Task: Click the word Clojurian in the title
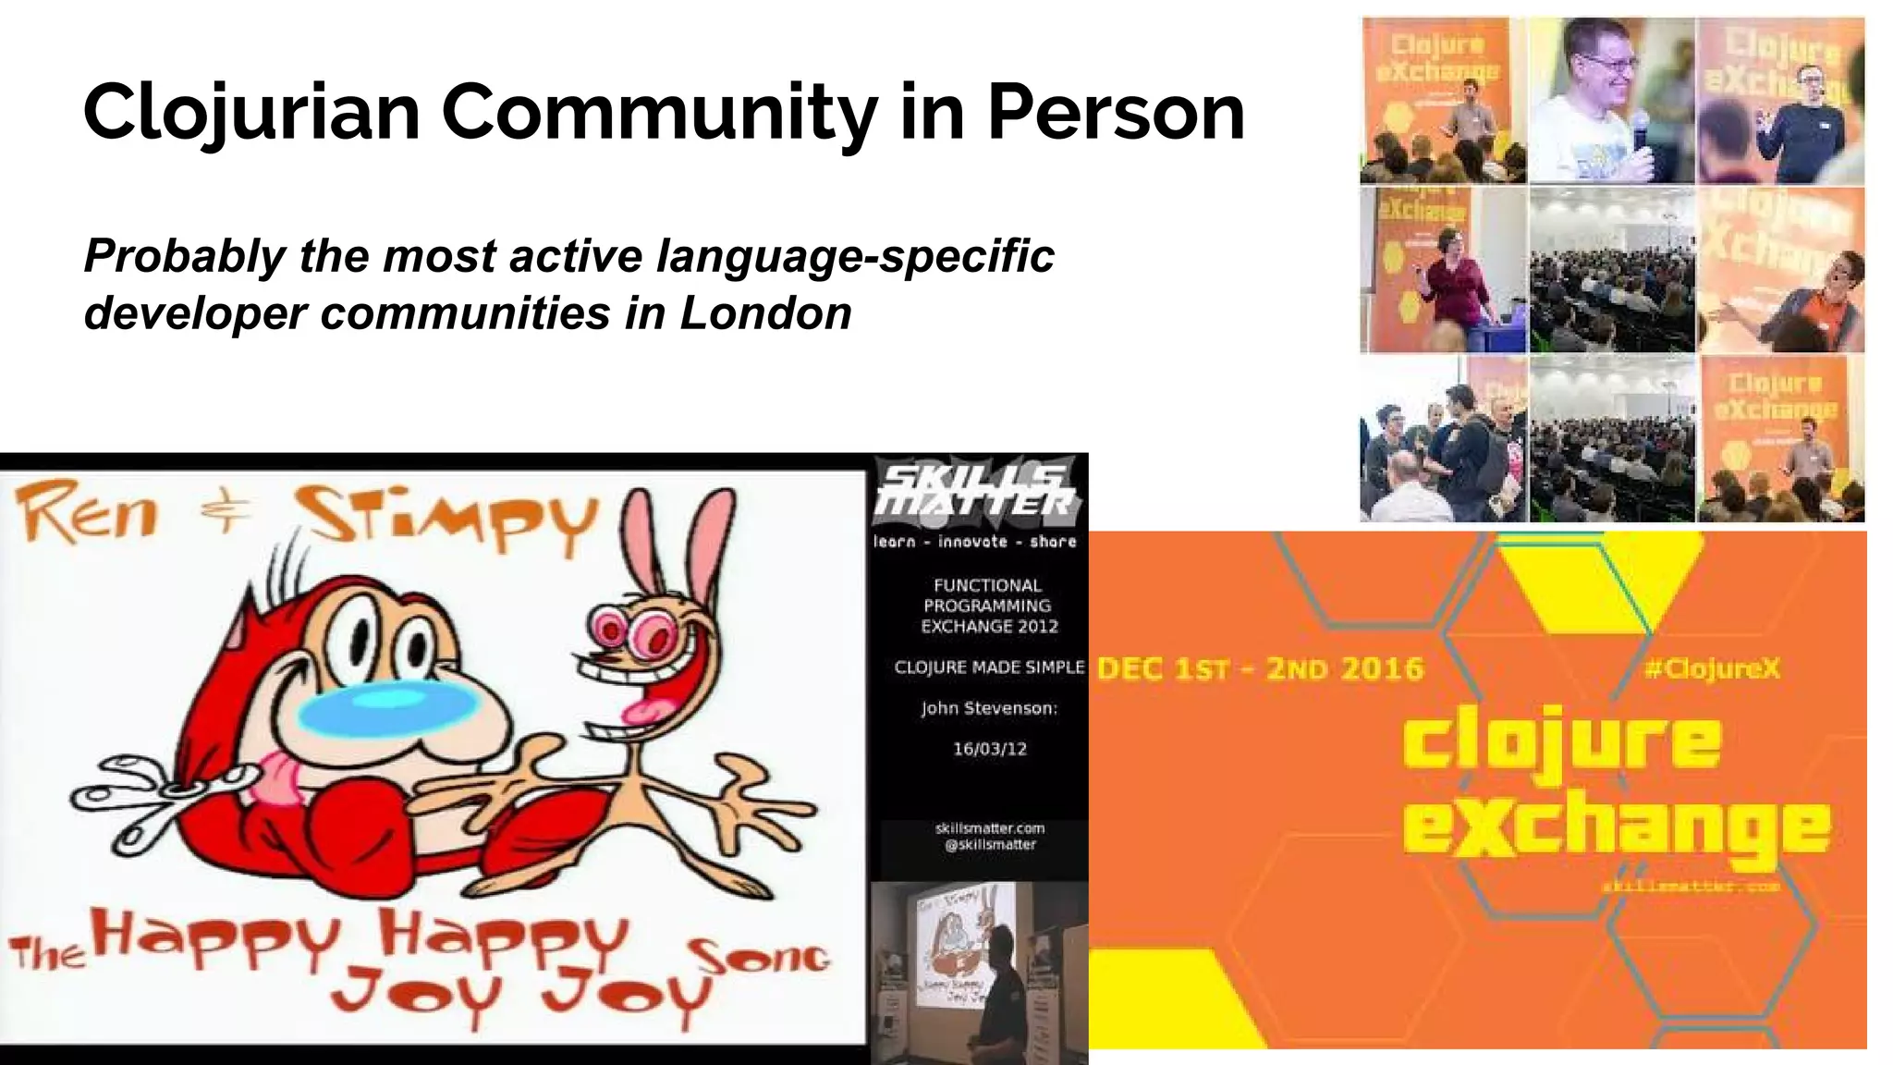[x=251, y=113]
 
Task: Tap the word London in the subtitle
[x=765, y=313]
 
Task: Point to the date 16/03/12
[x=989, y=749]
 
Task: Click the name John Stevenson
[x=989, y=709]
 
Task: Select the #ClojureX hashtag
[x=1712, y=668]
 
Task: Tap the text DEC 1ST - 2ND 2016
[x=1260, y=668]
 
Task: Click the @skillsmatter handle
[x=990, y=844]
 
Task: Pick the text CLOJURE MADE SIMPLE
[x=989, y=667]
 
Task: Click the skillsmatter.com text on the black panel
[x=990, y=828]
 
